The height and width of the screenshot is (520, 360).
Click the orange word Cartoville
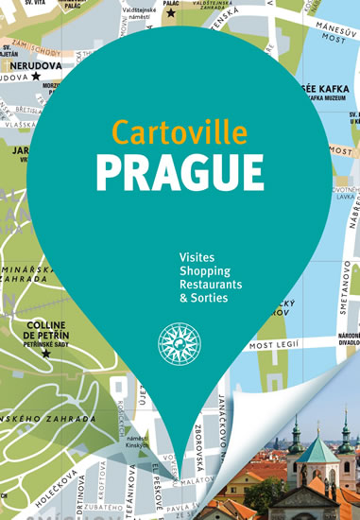(179, 130)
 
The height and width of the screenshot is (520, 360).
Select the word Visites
(196, 256)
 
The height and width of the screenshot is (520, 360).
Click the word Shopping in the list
(203, 270)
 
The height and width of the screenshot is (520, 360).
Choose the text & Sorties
(202, 297)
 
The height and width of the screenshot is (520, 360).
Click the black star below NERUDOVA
(36, 77)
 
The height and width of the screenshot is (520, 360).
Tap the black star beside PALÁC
(171, 13)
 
